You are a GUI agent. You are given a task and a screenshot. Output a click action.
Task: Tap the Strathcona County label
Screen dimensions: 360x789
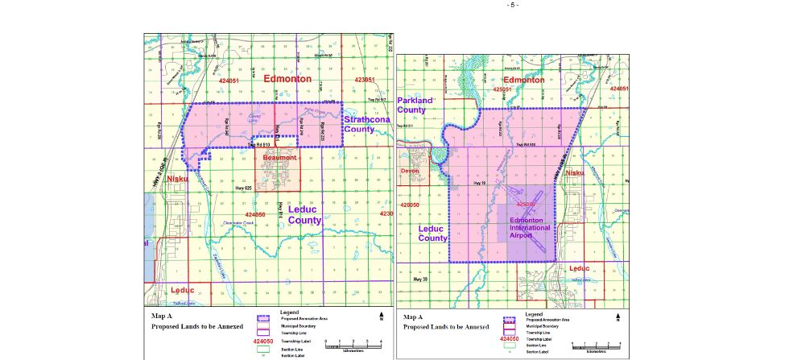pyautogui.click(x=367, y=125)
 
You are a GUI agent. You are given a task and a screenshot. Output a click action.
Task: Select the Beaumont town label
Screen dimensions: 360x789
pyautogui.click(x=278, y=158)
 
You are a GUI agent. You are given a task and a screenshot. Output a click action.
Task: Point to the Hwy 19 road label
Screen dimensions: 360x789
pyautogui.click(x=481, y=184)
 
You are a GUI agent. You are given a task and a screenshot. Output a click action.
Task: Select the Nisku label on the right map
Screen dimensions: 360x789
pyautogui.click(x=575, y=172)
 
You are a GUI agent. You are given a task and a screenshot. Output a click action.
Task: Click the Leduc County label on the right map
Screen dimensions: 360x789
pyautogui.click(x=432, y=234)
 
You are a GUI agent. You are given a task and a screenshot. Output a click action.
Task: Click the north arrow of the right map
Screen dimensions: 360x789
pyautogui.click(x=618, y=318)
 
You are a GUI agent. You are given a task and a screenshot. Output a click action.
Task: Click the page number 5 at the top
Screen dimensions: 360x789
pyautogui.click(x=513, y=5)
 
